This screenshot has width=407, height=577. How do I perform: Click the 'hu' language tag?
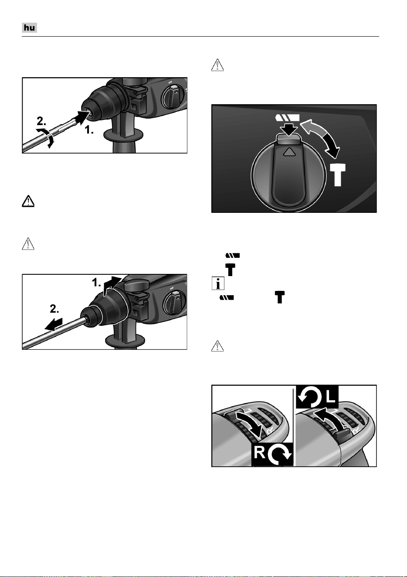(x=29, y=27)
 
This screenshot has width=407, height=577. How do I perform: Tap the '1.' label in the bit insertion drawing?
(x=89, y=130)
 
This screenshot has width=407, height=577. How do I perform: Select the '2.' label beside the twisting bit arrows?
(x=41, y=121)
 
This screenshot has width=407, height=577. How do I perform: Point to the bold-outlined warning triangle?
(x=28, y=201)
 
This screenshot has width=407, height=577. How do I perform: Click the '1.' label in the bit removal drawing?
(x=97, y=283)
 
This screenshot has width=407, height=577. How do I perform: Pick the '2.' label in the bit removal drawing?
(x=54, y=309)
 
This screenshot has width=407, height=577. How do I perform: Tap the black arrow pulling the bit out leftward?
(x=53, y=324)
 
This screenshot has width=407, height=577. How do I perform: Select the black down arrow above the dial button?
(x=290, y=129)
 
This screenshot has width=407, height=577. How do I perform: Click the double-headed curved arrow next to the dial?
(x=322, y=137)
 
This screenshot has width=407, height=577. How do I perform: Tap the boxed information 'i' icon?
(x=218, y=283)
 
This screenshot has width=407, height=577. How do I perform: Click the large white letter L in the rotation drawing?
(x=331, y=397)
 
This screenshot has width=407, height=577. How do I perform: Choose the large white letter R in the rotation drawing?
(x=260, y=452)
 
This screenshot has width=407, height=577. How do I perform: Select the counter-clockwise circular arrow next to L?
(x=310, y=397)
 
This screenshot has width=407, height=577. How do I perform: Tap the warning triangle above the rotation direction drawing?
(x=217, y=345)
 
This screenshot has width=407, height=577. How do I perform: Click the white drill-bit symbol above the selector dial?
(x=287, y=118)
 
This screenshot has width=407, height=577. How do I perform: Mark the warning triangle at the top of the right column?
(x=217, y=65)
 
